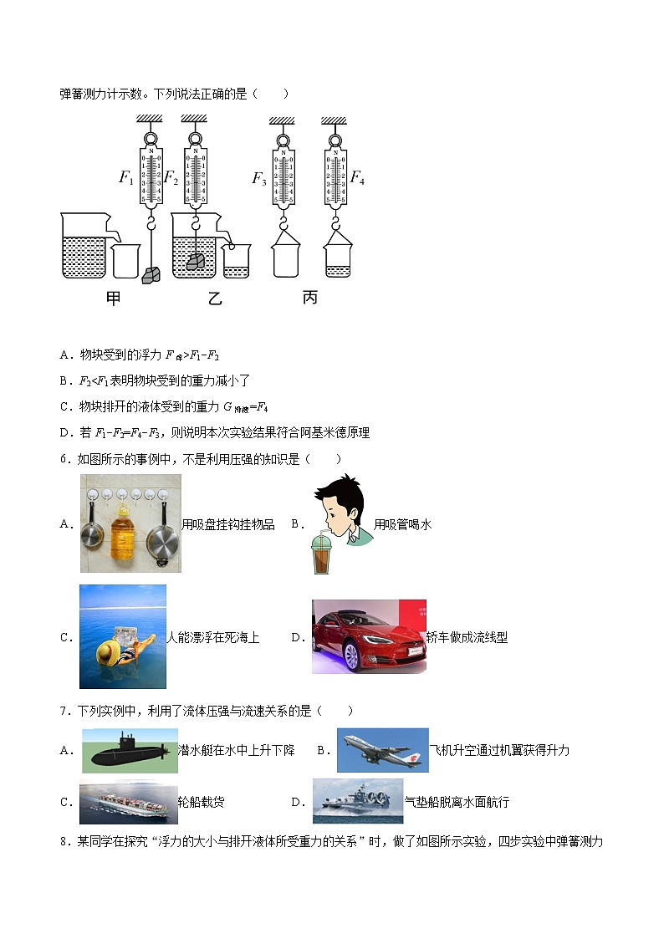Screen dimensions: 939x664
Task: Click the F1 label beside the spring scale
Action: point(126,177)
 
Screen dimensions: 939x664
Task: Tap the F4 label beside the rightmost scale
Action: point(357,177)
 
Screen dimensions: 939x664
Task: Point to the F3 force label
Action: point(259,177)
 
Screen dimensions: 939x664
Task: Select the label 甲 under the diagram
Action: point(114,299)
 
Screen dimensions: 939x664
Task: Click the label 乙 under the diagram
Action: point(215,299)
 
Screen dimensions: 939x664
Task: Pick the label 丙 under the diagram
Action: point(310,299)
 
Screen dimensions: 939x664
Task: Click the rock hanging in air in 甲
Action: point(152,275)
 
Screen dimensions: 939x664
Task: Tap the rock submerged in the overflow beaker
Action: point(195,261)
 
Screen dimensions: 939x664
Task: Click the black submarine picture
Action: point(130,751)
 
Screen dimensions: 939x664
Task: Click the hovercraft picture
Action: point(357,802)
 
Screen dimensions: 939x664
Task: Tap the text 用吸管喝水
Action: point(402,524)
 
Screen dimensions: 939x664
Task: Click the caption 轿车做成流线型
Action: point(467,637)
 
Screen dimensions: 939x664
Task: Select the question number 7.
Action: point(64,711)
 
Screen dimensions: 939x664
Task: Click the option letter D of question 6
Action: point(296,637)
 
